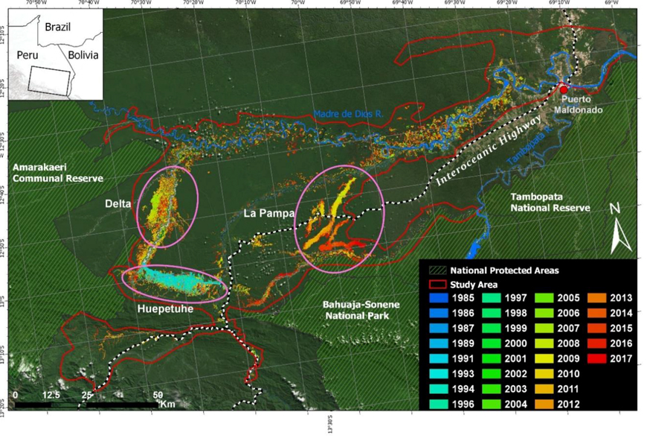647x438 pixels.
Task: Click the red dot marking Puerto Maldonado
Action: pyautogui.click(x=564, y=89)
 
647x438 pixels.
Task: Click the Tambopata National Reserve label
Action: pyautogui.click(x=550, y=202)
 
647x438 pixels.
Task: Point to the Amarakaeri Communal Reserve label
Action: pyautogui.click(x=56, y=174)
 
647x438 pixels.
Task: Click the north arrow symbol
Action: pyautogui.click(x=621, y=230)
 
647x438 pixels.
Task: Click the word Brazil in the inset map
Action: pyautogui.click(x=57, y=27)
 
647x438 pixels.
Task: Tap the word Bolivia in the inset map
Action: pyautogui.click(x=83, y=54)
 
